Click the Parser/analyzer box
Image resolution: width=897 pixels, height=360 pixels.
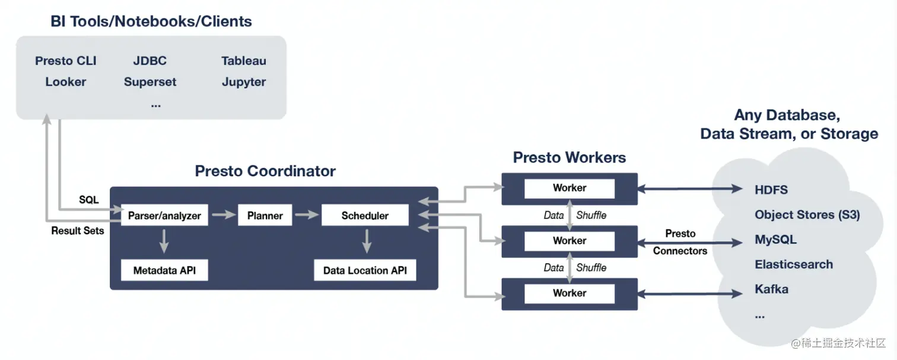(164, 215)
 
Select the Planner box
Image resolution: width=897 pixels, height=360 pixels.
(265, 215)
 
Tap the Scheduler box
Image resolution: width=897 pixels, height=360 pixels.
(365, 215)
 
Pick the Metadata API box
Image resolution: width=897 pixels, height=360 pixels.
(164, 270)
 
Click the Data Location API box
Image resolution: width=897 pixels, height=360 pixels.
(365, 270)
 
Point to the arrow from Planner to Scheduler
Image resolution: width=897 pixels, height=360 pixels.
(307, 215)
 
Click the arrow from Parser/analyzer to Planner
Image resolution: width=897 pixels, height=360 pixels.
(224, 215)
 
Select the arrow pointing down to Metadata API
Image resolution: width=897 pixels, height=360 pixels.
(164, 241)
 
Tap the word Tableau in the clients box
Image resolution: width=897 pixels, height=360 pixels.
(243, 61)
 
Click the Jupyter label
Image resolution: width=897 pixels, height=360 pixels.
(243, 82)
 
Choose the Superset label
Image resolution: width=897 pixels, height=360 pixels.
(149, 82)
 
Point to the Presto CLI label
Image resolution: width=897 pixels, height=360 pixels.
(66, 61)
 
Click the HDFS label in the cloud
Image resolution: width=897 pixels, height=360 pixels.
(771, 190)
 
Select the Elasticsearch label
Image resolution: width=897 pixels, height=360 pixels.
(794, 265)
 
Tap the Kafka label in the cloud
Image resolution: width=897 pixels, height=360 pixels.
(771, 289)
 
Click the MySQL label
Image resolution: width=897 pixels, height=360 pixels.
(775, 240)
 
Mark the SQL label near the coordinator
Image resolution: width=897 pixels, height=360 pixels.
(88, 200)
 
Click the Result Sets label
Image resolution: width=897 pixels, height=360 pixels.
(77, 231)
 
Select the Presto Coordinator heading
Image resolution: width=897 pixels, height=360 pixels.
(265, 171)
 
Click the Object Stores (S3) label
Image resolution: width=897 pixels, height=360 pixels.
(807, 215)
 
